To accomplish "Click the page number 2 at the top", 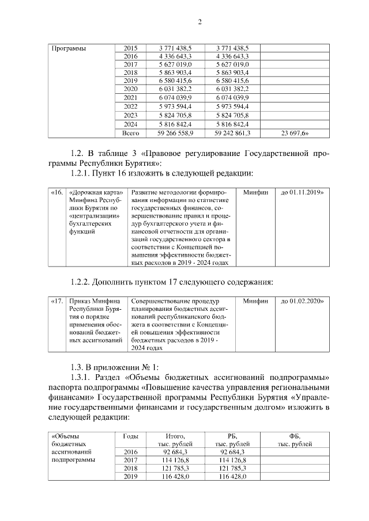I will point(199,22).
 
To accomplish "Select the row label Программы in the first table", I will point(69,48).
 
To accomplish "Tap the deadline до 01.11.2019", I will point(302,192).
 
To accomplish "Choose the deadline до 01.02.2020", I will point(302,301).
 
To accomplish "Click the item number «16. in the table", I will point(57,192).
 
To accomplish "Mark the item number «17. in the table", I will point(57,301).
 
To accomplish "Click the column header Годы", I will point(131,436).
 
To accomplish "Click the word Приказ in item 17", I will point(80,301).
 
